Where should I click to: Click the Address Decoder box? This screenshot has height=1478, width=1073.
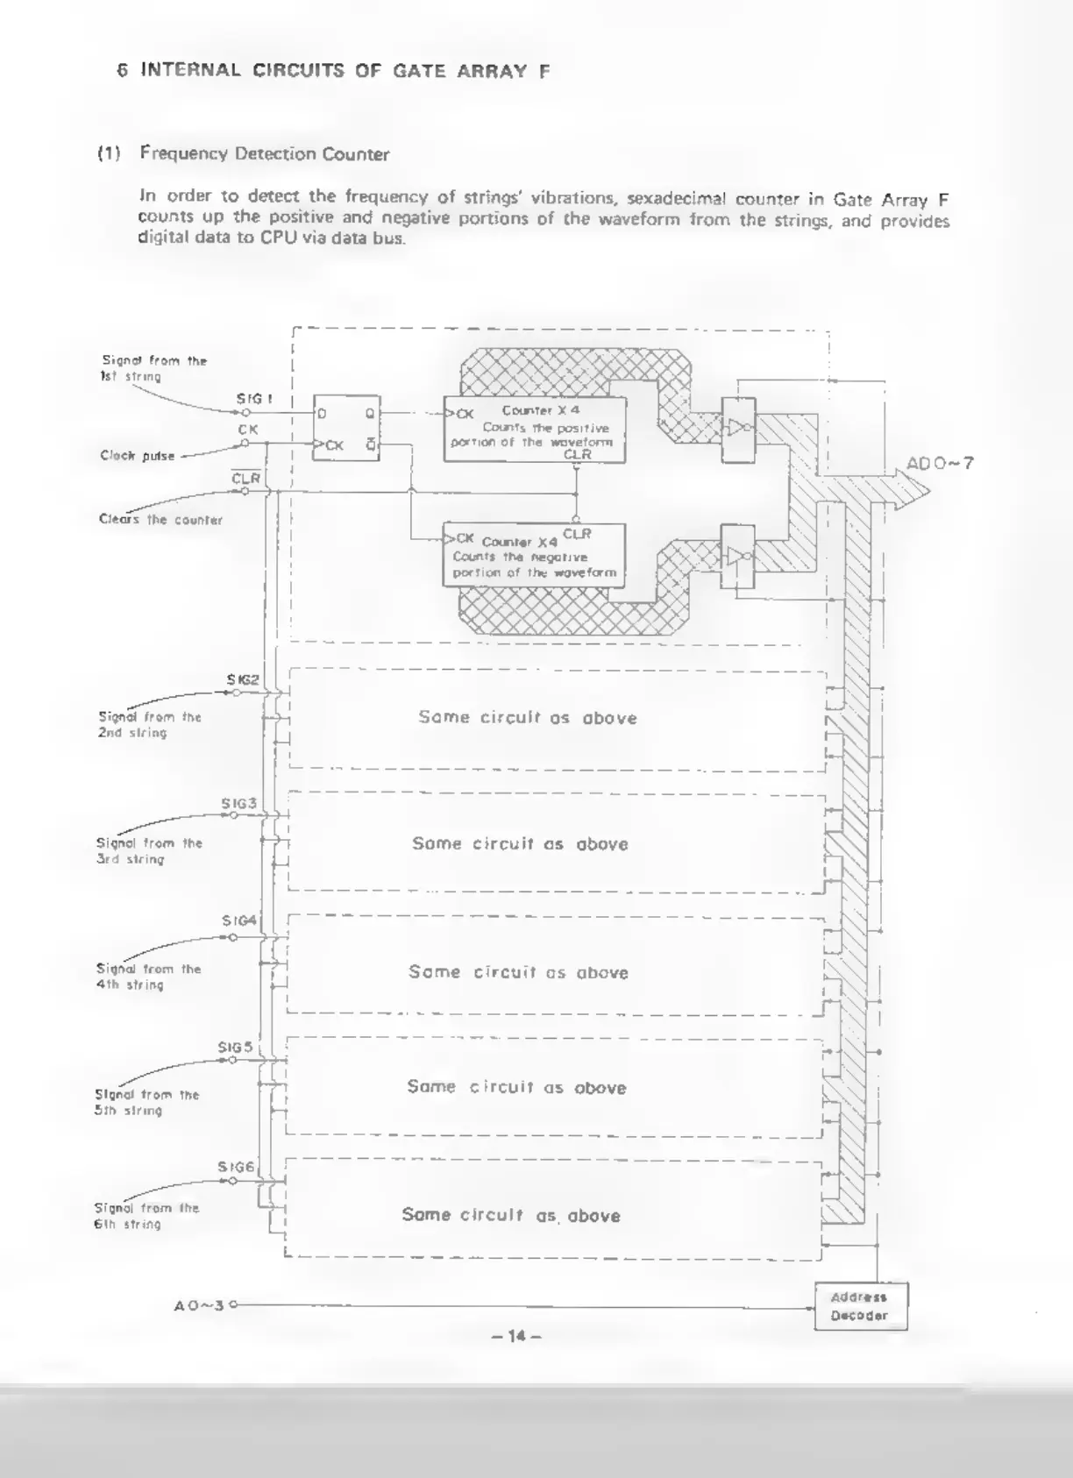click(x=860, y=1306)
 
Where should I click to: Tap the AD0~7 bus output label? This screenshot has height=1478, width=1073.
click(x=940, y=464)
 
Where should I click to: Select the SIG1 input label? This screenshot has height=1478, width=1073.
click(x=254, y=399)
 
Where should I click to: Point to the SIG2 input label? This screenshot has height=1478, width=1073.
click(x=243, y=679)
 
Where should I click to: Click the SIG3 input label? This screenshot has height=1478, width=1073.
click(x=238, y=803)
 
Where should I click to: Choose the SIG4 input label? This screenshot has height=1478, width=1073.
click(x=239, y=920)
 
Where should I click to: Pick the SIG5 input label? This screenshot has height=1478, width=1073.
click(x=236, y=1047)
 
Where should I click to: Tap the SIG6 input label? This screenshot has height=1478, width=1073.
click(x=236, y=1167)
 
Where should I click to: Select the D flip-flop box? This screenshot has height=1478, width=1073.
click(x=347, y=429)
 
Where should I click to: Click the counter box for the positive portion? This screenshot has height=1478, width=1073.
click(x=535, y=430)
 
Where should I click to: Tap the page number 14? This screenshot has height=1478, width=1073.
click(x=516, y=1336)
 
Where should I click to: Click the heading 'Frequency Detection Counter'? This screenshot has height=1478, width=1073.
click(x=264, y=154)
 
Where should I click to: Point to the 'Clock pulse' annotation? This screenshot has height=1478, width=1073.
click(x=138, y=456)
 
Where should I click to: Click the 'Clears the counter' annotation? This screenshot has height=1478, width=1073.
click(x=160, y=520)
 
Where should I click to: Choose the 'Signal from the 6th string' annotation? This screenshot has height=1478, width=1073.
click(x=146, y=1216)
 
